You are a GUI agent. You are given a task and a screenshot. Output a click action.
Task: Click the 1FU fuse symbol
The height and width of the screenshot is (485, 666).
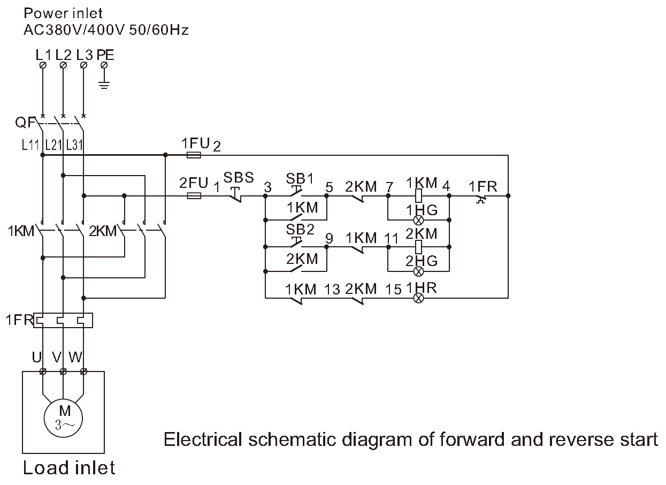pyautogui.click(x=194, y=155)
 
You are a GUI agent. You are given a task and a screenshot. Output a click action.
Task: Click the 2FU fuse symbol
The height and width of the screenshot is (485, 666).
pyautogui.click(x=194, y=196)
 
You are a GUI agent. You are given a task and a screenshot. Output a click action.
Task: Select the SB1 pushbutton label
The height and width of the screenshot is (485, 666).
pyautogui.click(x=300, y=178)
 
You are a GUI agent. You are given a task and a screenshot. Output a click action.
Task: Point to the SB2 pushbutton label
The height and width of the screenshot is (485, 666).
pyautogui.click(x=300, y=230)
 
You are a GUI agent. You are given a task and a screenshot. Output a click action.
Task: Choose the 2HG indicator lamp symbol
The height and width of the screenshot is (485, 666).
pyautogui.click(x=419, y=271)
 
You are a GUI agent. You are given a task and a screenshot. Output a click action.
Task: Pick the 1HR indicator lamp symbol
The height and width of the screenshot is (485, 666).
pyautogui.click(x=419, y=298)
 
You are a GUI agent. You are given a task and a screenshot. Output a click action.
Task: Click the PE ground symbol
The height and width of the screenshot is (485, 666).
pyautogui.click(x=104, y=84)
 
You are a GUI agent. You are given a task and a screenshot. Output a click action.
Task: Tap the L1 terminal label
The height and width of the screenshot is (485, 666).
pyautogui.click(x=43, y=55)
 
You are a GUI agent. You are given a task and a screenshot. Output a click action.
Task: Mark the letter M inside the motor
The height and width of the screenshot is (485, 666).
pyautogui.click(x=64, y=411)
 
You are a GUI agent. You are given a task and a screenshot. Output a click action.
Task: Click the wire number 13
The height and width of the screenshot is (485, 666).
pyautogui.click(x=332, y=289)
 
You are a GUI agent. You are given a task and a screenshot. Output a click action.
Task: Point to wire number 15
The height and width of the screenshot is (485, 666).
pyautogui.click(x=393, y=289)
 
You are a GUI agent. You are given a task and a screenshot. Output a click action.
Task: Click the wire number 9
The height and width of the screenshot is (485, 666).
pyautogui.click(x=329, y=238)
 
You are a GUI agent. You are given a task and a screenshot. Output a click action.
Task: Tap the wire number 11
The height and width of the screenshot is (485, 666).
pyautogui.click(x=392, y=238)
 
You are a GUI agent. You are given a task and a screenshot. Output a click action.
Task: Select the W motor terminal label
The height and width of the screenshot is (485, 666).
pyautogui.click(x=75, y=357)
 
